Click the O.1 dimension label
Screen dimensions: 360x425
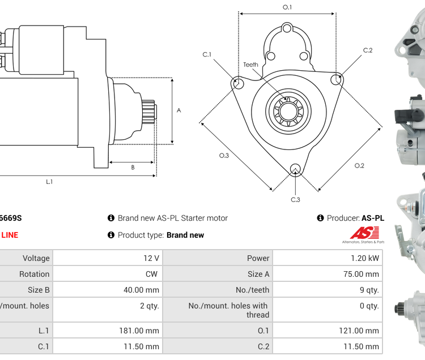pos(287,7)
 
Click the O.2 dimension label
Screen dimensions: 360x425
pos(359,166)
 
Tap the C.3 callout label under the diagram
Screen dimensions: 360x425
pos(295,199)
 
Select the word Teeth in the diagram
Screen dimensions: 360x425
pos(250,65)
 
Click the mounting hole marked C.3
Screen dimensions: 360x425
pos(295,169)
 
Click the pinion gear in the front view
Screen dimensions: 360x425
pos(287,111)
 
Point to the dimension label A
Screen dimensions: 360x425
pos(179,110)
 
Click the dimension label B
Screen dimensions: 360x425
pos(133,167)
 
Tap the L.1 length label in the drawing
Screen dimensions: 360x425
pos(49,182)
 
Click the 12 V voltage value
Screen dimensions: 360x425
pos(151,258)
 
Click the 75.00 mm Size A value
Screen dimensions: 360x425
pos(360,274)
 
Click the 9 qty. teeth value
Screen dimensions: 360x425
pos(369,290)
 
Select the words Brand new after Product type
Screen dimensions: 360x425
pos(185,235)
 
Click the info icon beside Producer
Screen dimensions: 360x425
pos(320,218)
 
